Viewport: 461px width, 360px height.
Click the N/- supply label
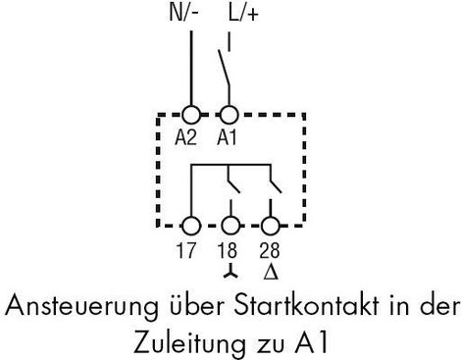point(184,14)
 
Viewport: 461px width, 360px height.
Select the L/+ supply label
point(243,14)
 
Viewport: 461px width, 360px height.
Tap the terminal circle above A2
point(191,115)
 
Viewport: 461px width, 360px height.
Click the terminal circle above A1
point(230,115)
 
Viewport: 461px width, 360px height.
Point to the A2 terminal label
point(185,137)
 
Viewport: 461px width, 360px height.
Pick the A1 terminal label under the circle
point(227,137)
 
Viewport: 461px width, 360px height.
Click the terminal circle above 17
point(191,226)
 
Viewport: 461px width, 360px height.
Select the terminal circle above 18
point(230,226)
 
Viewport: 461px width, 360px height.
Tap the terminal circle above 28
point(270,226)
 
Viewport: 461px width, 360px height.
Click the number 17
point(185,250)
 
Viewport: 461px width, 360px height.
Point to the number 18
point(228,250)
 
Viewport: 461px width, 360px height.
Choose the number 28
point(270,250)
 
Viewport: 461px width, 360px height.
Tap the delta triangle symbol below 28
point(271,272)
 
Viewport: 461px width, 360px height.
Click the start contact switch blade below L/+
point(224,68)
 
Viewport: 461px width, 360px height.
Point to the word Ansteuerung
point(81,307)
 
